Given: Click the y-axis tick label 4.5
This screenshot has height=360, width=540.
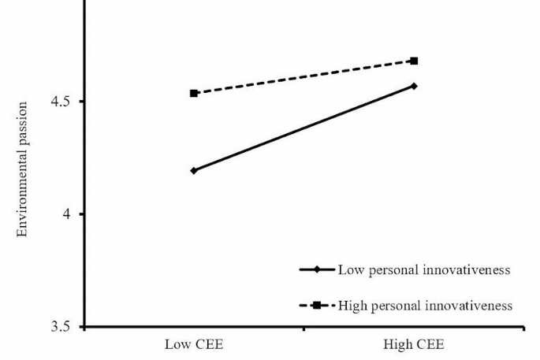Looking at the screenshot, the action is (60, 102).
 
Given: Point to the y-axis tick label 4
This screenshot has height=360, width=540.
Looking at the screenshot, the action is (65, 213).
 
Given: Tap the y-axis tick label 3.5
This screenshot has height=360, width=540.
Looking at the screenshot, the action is (60, 326).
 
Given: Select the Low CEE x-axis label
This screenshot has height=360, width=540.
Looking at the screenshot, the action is (194, 344).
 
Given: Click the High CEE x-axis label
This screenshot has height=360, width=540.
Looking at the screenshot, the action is (414, 344).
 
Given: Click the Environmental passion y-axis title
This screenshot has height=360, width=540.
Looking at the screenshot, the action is (22, 169).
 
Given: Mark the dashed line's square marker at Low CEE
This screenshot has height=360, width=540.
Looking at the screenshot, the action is (194, 93).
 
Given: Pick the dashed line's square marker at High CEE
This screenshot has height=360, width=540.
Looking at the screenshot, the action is (415, 61).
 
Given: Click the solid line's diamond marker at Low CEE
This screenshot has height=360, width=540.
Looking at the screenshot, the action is (194, 170).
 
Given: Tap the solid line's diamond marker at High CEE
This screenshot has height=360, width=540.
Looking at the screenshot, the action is (415, 86).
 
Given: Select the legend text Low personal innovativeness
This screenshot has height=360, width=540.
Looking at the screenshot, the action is (424, 270).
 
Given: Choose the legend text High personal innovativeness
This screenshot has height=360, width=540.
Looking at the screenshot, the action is (426, 306).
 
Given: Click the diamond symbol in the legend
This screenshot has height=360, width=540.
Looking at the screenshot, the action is (317, 269).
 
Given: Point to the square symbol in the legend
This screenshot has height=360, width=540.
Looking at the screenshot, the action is (317, 306).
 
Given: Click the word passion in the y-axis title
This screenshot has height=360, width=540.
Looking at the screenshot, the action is (22, 119).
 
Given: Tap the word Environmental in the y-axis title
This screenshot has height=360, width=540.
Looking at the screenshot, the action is (22, 188).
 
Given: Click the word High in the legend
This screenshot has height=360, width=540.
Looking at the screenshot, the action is (350, 306).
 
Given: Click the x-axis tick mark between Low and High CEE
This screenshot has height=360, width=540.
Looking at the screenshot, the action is (304, 329).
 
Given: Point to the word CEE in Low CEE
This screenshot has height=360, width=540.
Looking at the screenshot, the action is (209, 344).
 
